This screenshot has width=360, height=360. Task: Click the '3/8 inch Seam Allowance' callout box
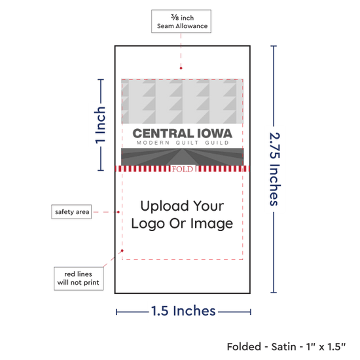(x=181, y=22)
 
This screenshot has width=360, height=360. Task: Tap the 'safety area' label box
(x=71, y=211)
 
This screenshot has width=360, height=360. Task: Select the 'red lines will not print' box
(x=79, y=278)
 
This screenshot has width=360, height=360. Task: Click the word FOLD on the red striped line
(x=183, y=170)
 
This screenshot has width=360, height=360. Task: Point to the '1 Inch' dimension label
(x=100, y=125)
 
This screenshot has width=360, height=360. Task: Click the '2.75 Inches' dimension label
(x=274, y=170)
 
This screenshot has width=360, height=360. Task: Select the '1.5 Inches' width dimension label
(x=183, y=311)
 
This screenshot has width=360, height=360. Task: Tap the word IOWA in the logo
(x=215, y=134)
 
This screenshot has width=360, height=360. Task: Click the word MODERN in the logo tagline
(x=153, y=143)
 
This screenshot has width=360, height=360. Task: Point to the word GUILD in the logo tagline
(x=217, y=143)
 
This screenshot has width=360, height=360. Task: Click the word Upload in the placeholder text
(x=164, y=206)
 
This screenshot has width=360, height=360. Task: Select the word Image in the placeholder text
(x=211, y=224)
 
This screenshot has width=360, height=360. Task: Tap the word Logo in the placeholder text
(x=148, y=224)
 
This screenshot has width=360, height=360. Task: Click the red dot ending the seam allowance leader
(x=181, y=68)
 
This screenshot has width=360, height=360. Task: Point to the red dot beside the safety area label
(x=118, y=212)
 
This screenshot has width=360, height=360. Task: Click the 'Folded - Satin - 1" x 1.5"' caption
(x=286, y=347)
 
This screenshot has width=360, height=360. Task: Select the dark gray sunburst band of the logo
(x=183, y=156)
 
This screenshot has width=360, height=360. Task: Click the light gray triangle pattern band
(x=183, y=101)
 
